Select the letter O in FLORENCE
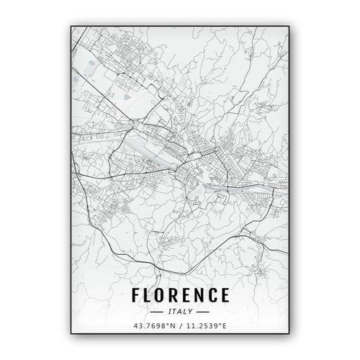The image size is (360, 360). point(161,296)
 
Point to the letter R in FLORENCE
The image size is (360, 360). point(175,296)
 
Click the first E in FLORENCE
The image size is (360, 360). point(187,296)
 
